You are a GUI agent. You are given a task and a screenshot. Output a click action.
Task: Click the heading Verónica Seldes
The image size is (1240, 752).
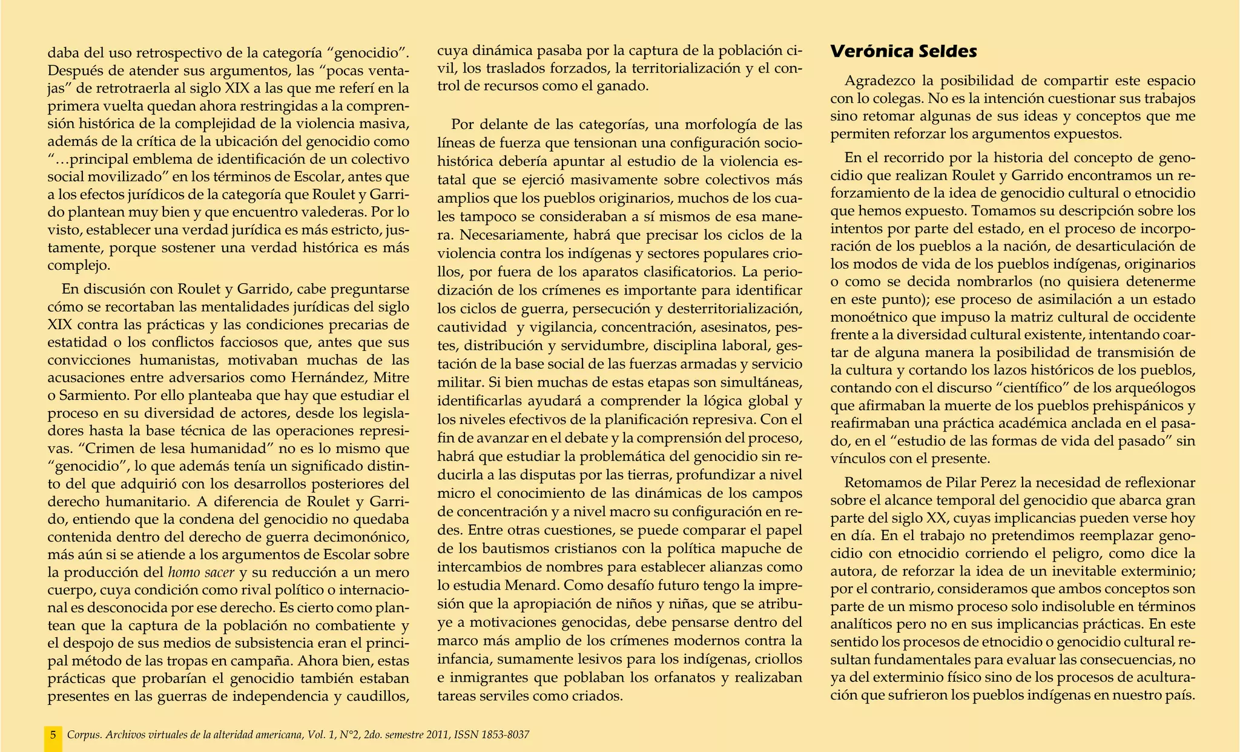[x=903, y=51]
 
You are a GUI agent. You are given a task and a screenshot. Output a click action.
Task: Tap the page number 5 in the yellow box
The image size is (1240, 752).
[x=53, y=735]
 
